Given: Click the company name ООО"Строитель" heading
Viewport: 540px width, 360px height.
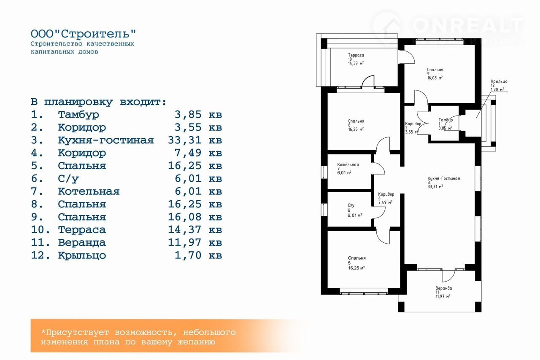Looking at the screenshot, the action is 84,34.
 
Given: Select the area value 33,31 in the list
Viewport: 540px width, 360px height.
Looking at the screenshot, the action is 185,140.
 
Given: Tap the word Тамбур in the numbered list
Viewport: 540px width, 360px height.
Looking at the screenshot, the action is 78,115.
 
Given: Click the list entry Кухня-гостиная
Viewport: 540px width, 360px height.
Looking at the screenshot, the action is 106,140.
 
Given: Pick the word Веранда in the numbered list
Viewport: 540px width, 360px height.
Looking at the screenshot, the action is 82,242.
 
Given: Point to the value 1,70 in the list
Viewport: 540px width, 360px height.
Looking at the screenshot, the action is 188,255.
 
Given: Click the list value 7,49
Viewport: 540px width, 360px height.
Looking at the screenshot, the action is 188,153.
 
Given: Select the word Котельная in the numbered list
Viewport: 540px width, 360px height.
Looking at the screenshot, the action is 89,191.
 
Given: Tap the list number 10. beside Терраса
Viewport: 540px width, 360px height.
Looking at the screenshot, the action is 40,230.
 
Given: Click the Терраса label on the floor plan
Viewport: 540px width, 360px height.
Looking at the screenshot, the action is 356,55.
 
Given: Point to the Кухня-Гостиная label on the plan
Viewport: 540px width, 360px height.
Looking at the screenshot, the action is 443,178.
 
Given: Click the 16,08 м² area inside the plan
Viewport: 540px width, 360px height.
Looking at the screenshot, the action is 435,78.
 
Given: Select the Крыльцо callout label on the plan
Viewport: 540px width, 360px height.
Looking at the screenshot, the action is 499,81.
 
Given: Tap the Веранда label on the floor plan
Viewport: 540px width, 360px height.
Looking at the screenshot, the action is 443,288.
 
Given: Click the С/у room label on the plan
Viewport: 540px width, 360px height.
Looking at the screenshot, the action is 351,205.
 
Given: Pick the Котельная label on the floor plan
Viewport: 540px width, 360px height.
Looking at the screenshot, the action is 348,164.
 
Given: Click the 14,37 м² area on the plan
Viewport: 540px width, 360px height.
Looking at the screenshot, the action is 356,63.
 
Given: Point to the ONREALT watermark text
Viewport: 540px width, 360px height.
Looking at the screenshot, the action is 468,25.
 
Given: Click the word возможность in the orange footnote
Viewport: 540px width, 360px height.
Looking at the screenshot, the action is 144,332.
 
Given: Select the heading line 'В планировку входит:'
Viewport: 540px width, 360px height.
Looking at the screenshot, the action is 99,102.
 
